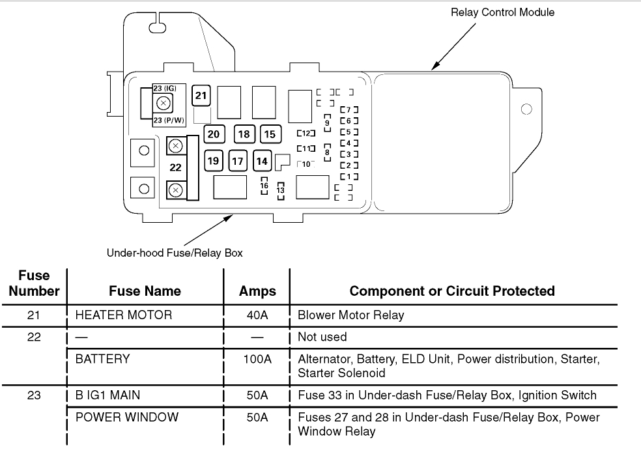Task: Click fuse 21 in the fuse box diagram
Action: pyautogui.click(x=201, y=96)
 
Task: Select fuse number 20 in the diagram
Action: pyautogui.click(x=213, y=134)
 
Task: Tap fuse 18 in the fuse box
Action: pyautogui.click(x=244, y=134)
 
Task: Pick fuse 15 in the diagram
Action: pyautogui.click(x=269, y=134)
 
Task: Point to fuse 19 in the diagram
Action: pyautogui.click(x=213, y=160)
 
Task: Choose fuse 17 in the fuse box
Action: pyautogui.click(x=238, y=160)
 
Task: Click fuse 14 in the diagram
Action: pyautogui.click(x=262, y=160)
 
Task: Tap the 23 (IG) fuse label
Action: pyautogui.click(x=165, y=88)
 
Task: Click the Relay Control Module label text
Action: pyautogui.click(x=502, y=12)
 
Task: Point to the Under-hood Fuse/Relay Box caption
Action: pyautogui.click(x=175, y=253)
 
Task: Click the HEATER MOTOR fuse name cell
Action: pyautogui.click(x=124, y=315)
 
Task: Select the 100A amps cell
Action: pyautogui.click(x=257, y=359)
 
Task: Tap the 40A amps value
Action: pyautogui.click(x=257, y=315)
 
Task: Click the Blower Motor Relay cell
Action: pyautogui.click(x=350, y=315)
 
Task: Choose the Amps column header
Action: pyautogui.click(x=257, y=291)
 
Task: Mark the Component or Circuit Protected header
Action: pyautogui.click(x=452, y=291)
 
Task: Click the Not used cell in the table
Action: pyautogui.click(x=322, y=337)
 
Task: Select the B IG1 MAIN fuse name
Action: pyautogui.click(x=107, y=395)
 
